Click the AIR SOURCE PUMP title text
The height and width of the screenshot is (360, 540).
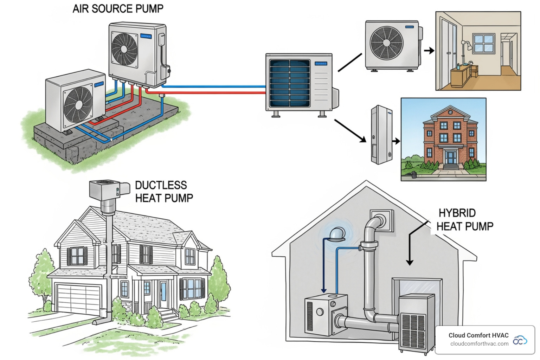pos(118,8)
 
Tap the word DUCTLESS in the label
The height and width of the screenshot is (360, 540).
pos(161,185)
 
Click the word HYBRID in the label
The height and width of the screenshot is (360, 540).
pos(457,213)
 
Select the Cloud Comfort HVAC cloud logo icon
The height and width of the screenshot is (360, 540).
pos(520,340)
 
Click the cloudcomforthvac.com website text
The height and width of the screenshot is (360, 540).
pos(479,344)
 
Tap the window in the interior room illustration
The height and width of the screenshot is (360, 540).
pos(484,43)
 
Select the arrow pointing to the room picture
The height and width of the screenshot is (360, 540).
pos(429,51)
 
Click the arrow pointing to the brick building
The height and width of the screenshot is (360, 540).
pos(396,141)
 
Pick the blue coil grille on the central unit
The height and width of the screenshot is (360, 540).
pos(290,83)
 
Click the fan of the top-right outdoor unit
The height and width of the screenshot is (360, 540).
pos(386,43)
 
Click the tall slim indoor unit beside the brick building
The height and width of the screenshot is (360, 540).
pos(381,135)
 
